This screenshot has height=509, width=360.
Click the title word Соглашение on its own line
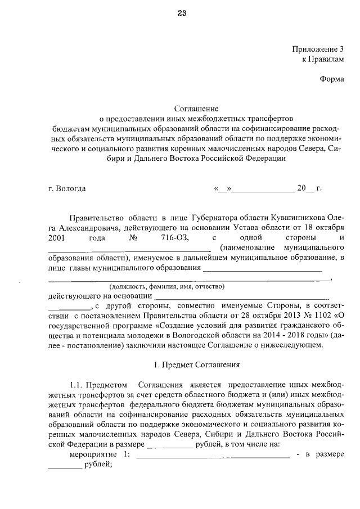[x=196, y=108]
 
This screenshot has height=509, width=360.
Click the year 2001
[x=58, y=237]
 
